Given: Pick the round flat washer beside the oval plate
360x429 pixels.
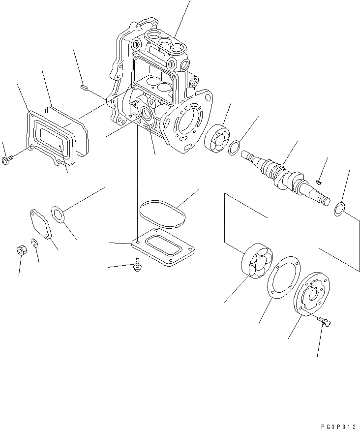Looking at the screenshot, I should [x=59, y=214].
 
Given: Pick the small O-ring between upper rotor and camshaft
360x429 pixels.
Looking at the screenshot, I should [x=236, y=146].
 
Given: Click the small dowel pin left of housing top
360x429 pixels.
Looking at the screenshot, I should [x=83, y=88].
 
